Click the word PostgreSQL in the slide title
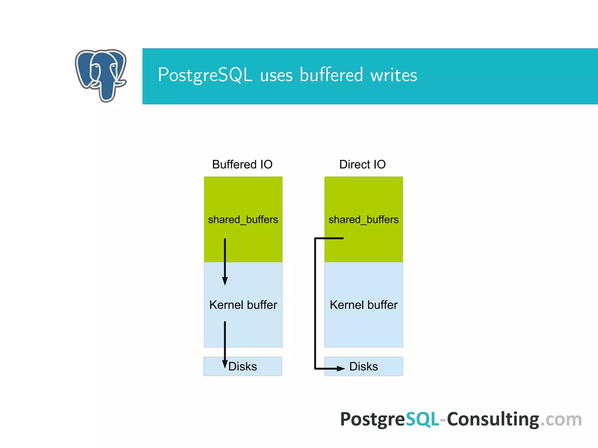205,75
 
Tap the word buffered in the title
331,75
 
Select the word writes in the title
394,75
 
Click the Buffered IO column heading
242,164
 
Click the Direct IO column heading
362,164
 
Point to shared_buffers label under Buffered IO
243,219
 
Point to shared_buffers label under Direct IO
364,219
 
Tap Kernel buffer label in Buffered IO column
243,305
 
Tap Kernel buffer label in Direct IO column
364,305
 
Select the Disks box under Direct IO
364,366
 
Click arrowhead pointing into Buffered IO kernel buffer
225,281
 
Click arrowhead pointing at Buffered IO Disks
225,364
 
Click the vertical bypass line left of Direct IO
315,303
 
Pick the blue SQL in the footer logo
422,419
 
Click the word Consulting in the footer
493,419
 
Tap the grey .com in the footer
561,419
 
